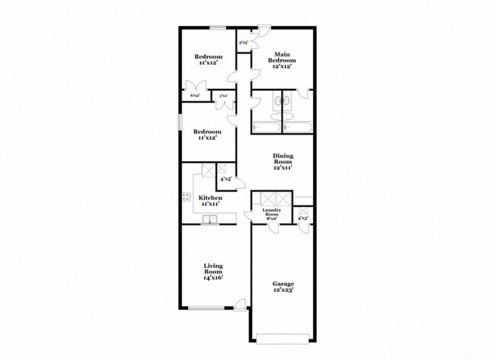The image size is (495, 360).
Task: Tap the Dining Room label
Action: [x=283, y=162]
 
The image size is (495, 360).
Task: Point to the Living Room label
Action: [x=213, y=270]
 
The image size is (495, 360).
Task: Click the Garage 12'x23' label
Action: [x=283, y=288]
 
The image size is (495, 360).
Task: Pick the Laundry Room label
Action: [x=273, y=214]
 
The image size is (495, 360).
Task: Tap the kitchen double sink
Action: [x=209, y=221]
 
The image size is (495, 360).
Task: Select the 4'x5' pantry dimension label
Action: [x=225, y=180]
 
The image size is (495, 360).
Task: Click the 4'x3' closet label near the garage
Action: [x=303, y=218]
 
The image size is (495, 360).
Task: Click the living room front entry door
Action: [x=241, y=305]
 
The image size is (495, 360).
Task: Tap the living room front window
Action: [x=206, y=307]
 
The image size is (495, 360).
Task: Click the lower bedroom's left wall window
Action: [x=180, y=121]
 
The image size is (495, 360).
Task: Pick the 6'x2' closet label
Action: [x=196, y=96]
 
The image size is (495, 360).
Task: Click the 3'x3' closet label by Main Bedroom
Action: [x=243, y=43]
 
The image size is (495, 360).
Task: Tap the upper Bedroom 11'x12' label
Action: [x=208, y=60]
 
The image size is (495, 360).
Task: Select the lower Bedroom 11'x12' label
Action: [x=208, y=134]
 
